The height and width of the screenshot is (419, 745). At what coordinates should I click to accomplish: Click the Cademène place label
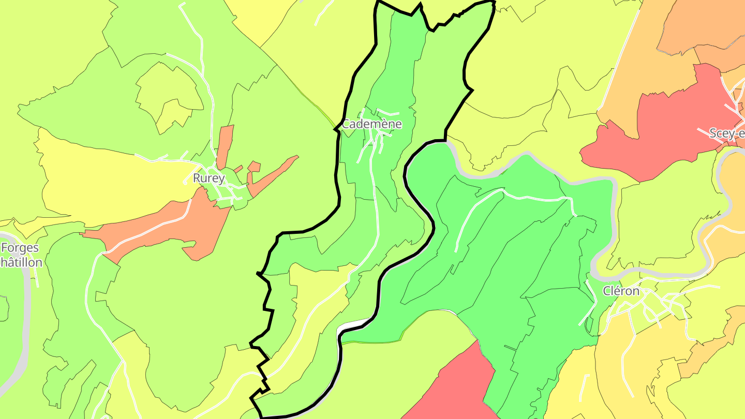point(371,124)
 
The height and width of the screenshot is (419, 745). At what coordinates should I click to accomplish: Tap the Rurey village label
point(208,178)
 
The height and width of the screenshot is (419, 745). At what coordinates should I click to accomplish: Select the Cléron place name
point(621,291)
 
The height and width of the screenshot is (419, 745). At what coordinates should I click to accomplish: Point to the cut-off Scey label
point(726,133)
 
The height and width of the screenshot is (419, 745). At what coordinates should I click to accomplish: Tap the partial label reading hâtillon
point(21,262)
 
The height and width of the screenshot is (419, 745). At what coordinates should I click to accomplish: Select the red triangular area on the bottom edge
point(455,388)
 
